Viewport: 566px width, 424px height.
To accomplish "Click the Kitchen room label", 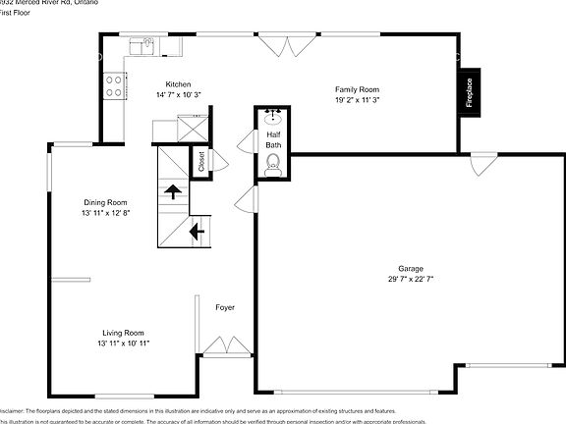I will (x=178, y=84).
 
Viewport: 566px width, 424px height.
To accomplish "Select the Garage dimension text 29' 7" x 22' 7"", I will (x=410, y=279).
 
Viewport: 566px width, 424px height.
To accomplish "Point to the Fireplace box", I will (x=470, y=93).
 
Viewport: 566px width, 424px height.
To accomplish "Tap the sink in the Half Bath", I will (x=272, y=117).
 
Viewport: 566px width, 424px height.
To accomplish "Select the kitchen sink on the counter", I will (x=144, y=43).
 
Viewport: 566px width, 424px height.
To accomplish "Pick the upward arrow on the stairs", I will (x=173, y=191).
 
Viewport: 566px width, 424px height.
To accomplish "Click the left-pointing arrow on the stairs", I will (x=196, y=232).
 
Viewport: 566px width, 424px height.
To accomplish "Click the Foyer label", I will (x=225, y=307).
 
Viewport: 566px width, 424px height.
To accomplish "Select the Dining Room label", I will (x=106, y=202).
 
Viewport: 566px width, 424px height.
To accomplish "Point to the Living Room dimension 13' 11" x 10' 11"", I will (x=124, y=344).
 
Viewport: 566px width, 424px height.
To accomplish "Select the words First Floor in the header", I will (x=19, y=13).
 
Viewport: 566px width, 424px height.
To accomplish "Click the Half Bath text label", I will (x=272, y=139).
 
